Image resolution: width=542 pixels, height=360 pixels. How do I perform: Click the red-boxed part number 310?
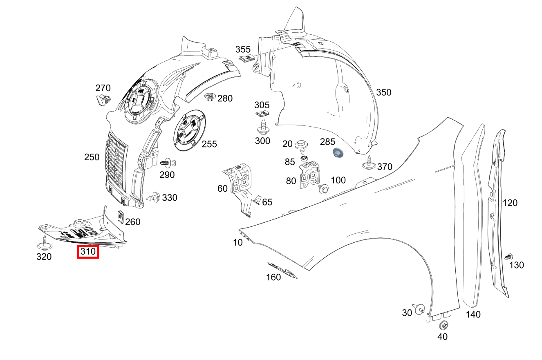click(88, 252)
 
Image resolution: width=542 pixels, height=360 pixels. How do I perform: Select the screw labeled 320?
click(44, 243)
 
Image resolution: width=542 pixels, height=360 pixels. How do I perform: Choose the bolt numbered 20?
click(303, 144)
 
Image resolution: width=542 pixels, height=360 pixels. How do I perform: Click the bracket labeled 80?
click(310, 175)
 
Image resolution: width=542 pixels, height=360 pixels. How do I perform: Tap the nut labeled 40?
click(443, 326)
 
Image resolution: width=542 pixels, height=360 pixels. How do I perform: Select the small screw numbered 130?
click(508, 257)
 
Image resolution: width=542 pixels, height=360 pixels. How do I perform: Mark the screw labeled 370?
click(369, 163)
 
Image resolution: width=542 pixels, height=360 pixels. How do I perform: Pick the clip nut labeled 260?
click(121, 217)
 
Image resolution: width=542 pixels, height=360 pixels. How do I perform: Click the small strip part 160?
click(282, 270)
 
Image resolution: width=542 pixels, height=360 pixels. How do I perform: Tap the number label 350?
click(384, 92)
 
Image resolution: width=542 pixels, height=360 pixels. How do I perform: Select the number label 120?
click(510, 203)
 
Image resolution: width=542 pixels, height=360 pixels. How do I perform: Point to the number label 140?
click(473, 314)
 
